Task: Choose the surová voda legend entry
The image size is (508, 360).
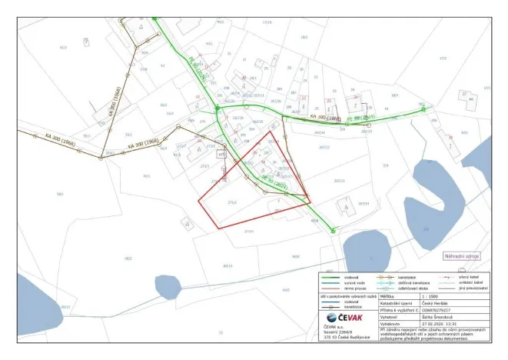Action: [x=336, y=282]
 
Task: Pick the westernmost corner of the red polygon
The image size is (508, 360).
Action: [x=199, y=202]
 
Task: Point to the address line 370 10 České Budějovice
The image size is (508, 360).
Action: [x=347, y=337]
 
